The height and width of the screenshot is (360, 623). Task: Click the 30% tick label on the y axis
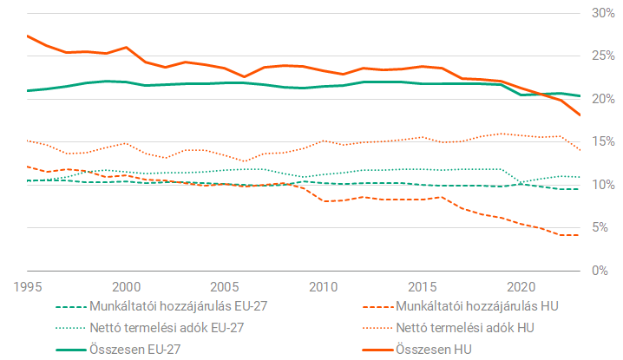[x=604, y=14]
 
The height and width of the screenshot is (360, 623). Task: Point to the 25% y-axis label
[x=604, y=56]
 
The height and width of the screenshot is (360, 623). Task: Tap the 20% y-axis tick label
[x=604, y=99]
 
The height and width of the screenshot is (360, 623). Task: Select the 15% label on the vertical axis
[x=604, y=142]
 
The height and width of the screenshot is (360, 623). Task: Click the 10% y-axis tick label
[x=604, y=185]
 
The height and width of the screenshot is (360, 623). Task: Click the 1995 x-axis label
[x=28, y=286]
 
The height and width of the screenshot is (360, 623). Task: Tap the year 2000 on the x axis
[x=127, y=286]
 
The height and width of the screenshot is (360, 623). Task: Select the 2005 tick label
[x=226, y=286]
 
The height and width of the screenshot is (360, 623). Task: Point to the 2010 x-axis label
[x=324, y=286]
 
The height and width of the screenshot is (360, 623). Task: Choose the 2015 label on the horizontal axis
[x=423, y=286]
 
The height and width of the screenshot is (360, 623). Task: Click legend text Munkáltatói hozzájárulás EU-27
[x=177, y=307]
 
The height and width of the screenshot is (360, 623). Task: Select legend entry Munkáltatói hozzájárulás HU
[x=478, y=307]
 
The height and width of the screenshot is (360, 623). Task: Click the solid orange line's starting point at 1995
[x=28, y=36]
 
